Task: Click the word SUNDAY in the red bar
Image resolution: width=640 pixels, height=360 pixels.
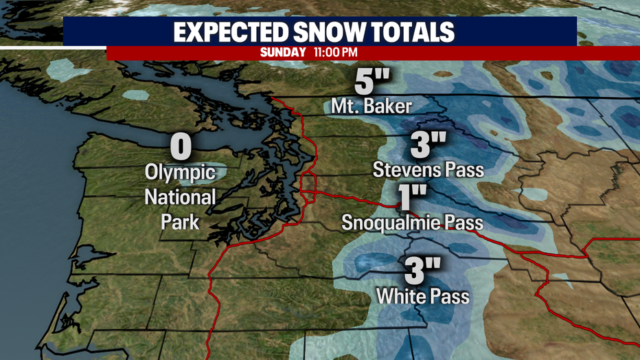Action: [282, 52]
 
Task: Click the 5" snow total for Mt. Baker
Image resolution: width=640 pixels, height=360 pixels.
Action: [372, 84]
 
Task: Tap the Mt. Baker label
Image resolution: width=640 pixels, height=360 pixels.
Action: [372, 106]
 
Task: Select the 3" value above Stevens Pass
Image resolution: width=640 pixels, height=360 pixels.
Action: [428, 145]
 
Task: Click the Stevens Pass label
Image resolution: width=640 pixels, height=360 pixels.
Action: [428, 168]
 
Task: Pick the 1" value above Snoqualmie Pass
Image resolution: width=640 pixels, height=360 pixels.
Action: [413, 199]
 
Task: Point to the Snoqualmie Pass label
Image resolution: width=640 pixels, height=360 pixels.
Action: [413, 223]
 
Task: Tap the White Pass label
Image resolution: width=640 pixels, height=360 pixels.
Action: [423, 296]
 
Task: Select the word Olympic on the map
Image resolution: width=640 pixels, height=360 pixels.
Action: [180, 172]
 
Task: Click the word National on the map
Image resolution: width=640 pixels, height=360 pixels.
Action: [180, 197]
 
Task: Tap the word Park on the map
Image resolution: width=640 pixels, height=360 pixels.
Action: [180, 222]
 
